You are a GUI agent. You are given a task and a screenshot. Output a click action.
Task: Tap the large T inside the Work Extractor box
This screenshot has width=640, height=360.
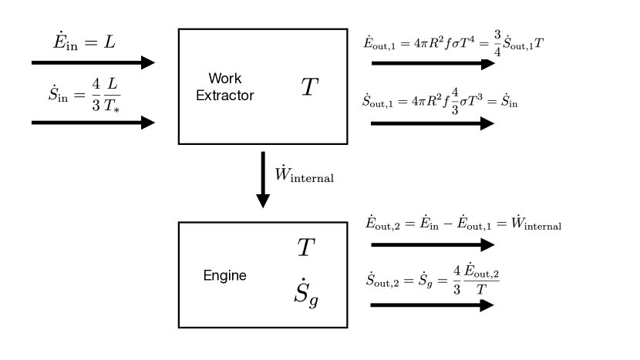(x=308, y=87)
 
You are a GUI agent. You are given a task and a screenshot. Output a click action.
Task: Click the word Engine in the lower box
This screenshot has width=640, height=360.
(x=224, y=275)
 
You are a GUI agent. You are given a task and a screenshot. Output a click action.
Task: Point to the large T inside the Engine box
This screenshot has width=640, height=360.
(x=307, y=247)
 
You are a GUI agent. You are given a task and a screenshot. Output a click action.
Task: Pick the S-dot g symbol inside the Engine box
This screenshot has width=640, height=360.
(x=307, y=292)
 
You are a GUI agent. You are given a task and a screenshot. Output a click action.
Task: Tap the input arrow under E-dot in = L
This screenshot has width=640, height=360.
(x=93, y=62)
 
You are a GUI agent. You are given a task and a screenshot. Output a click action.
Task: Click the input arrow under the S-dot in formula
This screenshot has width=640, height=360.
(x=93, y=123)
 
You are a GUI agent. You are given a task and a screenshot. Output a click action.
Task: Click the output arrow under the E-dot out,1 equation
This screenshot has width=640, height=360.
(x=432, y=63)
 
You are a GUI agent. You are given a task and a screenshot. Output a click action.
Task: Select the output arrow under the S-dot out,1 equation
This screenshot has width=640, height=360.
(x=432, y=123)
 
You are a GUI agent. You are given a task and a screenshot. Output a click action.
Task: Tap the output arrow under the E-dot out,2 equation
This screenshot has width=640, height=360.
(x=432, y=245)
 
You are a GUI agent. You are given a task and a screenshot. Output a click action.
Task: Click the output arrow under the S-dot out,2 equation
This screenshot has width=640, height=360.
(x=432, y=304)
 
